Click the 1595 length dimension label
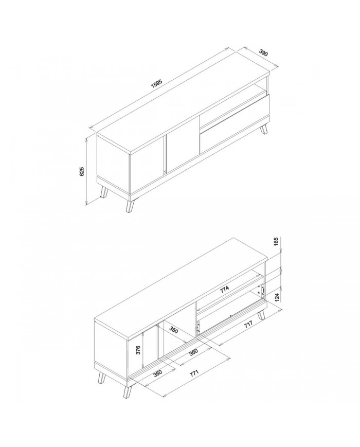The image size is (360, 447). click(156, 84)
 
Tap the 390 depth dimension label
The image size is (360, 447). click(263, 53)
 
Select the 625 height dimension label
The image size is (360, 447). click(82, 171)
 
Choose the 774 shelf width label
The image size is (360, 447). click(224, 290)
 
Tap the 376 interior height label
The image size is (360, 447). click(138, 350)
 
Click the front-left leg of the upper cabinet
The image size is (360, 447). click(130, 206)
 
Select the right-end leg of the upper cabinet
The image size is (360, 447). click(264, 129)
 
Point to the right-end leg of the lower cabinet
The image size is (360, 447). click(261, 314)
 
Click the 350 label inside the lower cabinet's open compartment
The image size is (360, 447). click(174, 330)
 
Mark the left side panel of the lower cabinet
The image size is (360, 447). click(111, 345)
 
